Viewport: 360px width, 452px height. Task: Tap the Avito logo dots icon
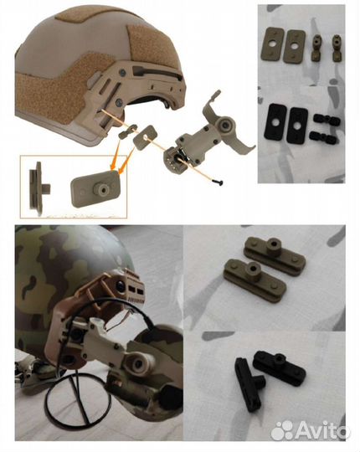[282, 430]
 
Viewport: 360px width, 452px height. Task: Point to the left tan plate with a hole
[271, 44]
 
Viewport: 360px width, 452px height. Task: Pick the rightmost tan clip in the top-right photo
[336, 49]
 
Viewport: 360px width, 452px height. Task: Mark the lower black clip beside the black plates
[323, 137]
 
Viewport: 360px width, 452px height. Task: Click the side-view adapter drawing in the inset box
[38, 187]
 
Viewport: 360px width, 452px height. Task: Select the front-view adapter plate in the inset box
[95, 188]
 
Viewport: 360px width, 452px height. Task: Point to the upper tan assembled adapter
[275, 250]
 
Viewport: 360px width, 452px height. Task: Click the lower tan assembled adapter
[255, 279]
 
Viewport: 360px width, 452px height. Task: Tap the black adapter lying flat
[279, 367]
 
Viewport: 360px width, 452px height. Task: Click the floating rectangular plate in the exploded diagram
[146, 136]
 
